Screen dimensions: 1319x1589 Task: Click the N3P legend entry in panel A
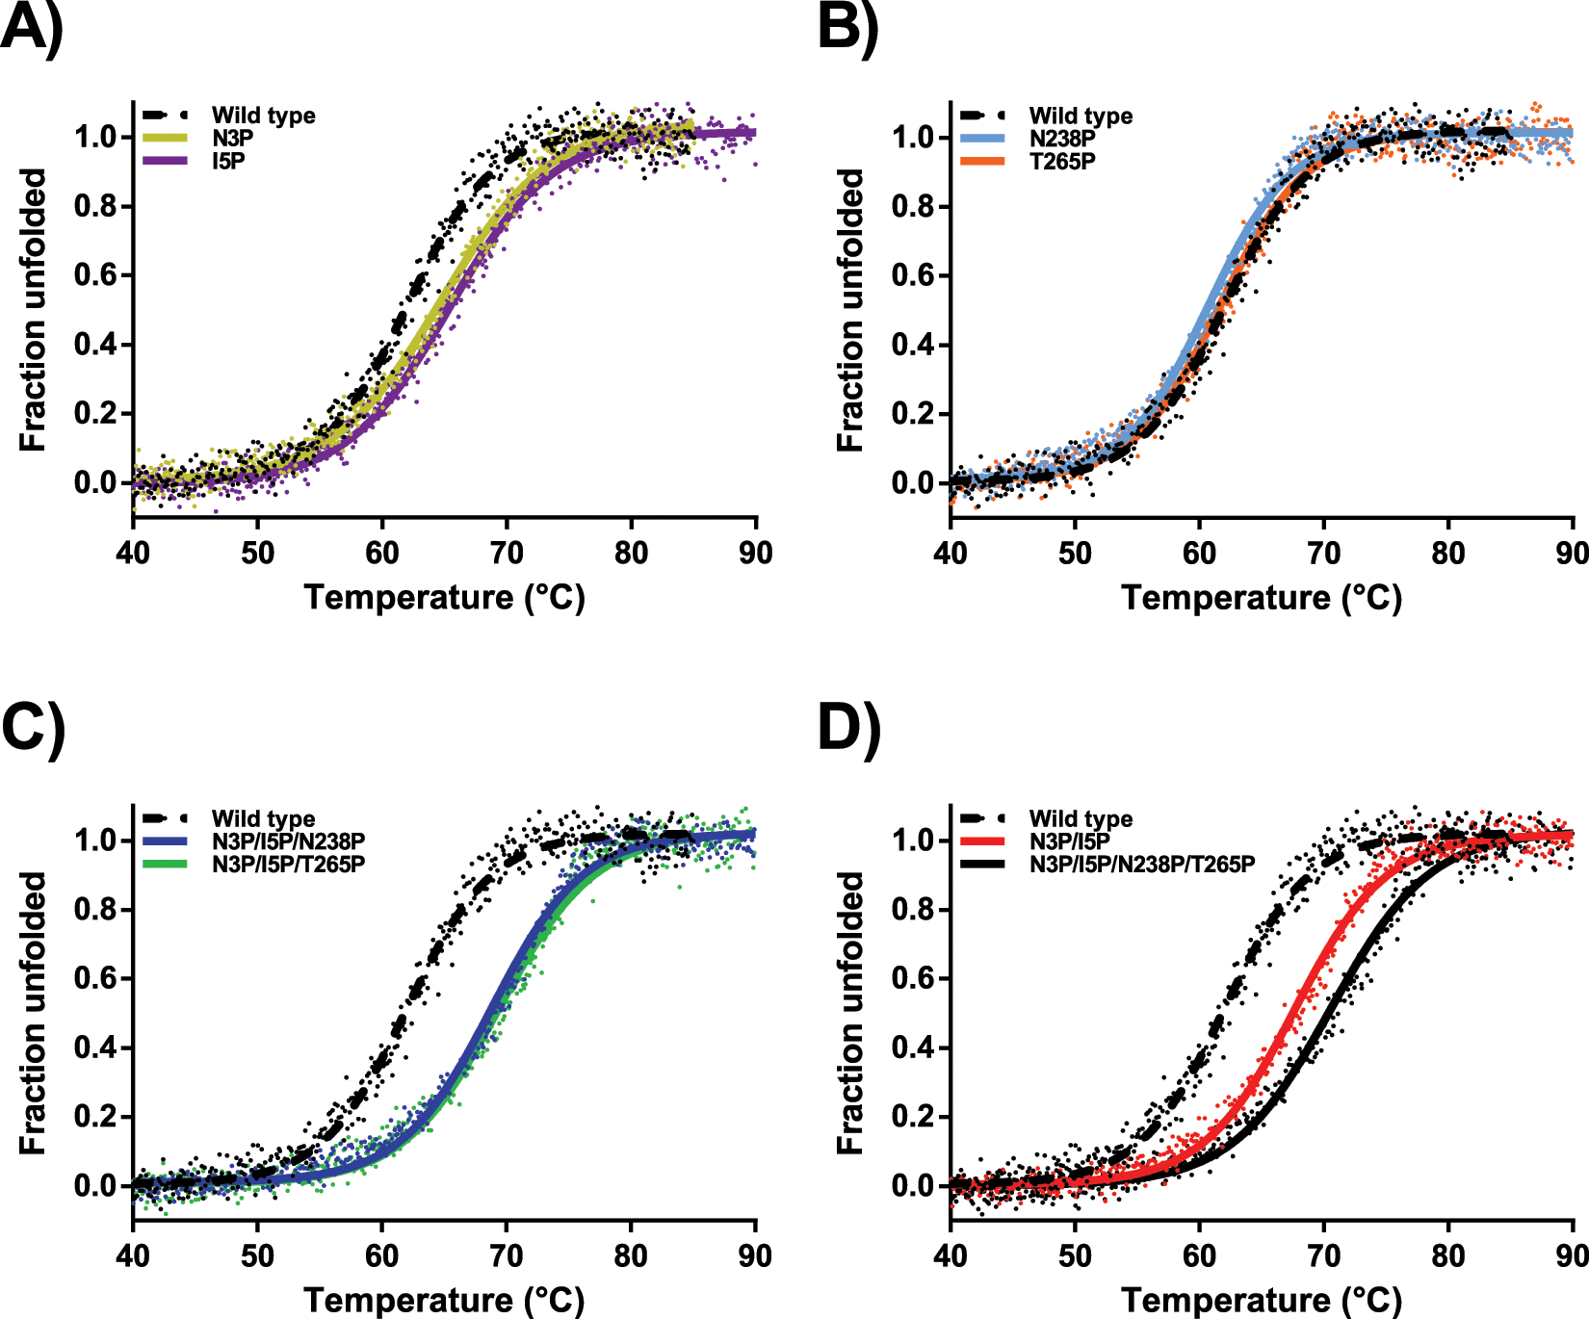pyautogui.click(x=232, y=139)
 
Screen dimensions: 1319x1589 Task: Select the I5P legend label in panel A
pyautogui.click(x=228, y=161)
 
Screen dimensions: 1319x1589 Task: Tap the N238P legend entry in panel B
pyautogui.click(x=1061, y=139)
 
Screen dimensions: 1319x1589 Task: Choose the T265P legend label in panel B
pyautogui.click(x=1061, y=162)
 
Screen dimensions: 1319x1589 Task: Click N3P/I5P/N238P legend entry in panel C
pyautogui.click(x=288, y=841)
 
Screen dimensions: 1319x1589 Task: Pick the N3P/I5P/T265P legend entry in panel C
pyautogui.click(x=288, y=864)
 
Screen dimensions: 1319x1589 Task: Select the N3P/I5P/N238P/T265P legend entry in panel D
pyautogui.click(x=1141, y=864)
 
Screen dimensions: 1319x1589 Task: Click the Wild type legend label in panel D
pyautogui.click(x=1081, y=819)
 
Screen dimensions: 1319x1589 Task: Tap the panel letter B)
pyautogui.click(x=847, y=29)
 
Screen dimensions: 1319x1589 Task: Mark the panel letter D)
pyautogui.click(x=847, y=729)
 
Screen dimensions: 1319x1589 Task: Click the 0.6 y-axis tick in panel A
pyautogui.click(x=96, y=275)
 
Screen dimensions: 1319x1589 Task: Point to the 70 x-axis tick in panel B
pyautogui.click(x=1323, y=554)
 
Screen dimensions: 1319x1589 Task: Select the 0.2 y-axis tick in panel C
pyautogui.click(x=96, y=1117)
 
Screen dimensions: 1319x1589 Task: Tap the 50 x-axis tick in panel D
pyautogui.click(x=1075, y=1256)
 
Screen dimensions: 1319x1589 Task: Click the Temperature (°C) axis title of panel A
pyautogui.click(x=444, y=598)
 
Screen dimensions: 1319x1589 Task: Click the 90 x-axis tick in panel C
pyautogui.click(x=755, y=1256)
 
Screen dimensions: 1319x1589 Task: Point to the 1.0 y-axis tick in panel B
pyautogui.click(x=914, y=138)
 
